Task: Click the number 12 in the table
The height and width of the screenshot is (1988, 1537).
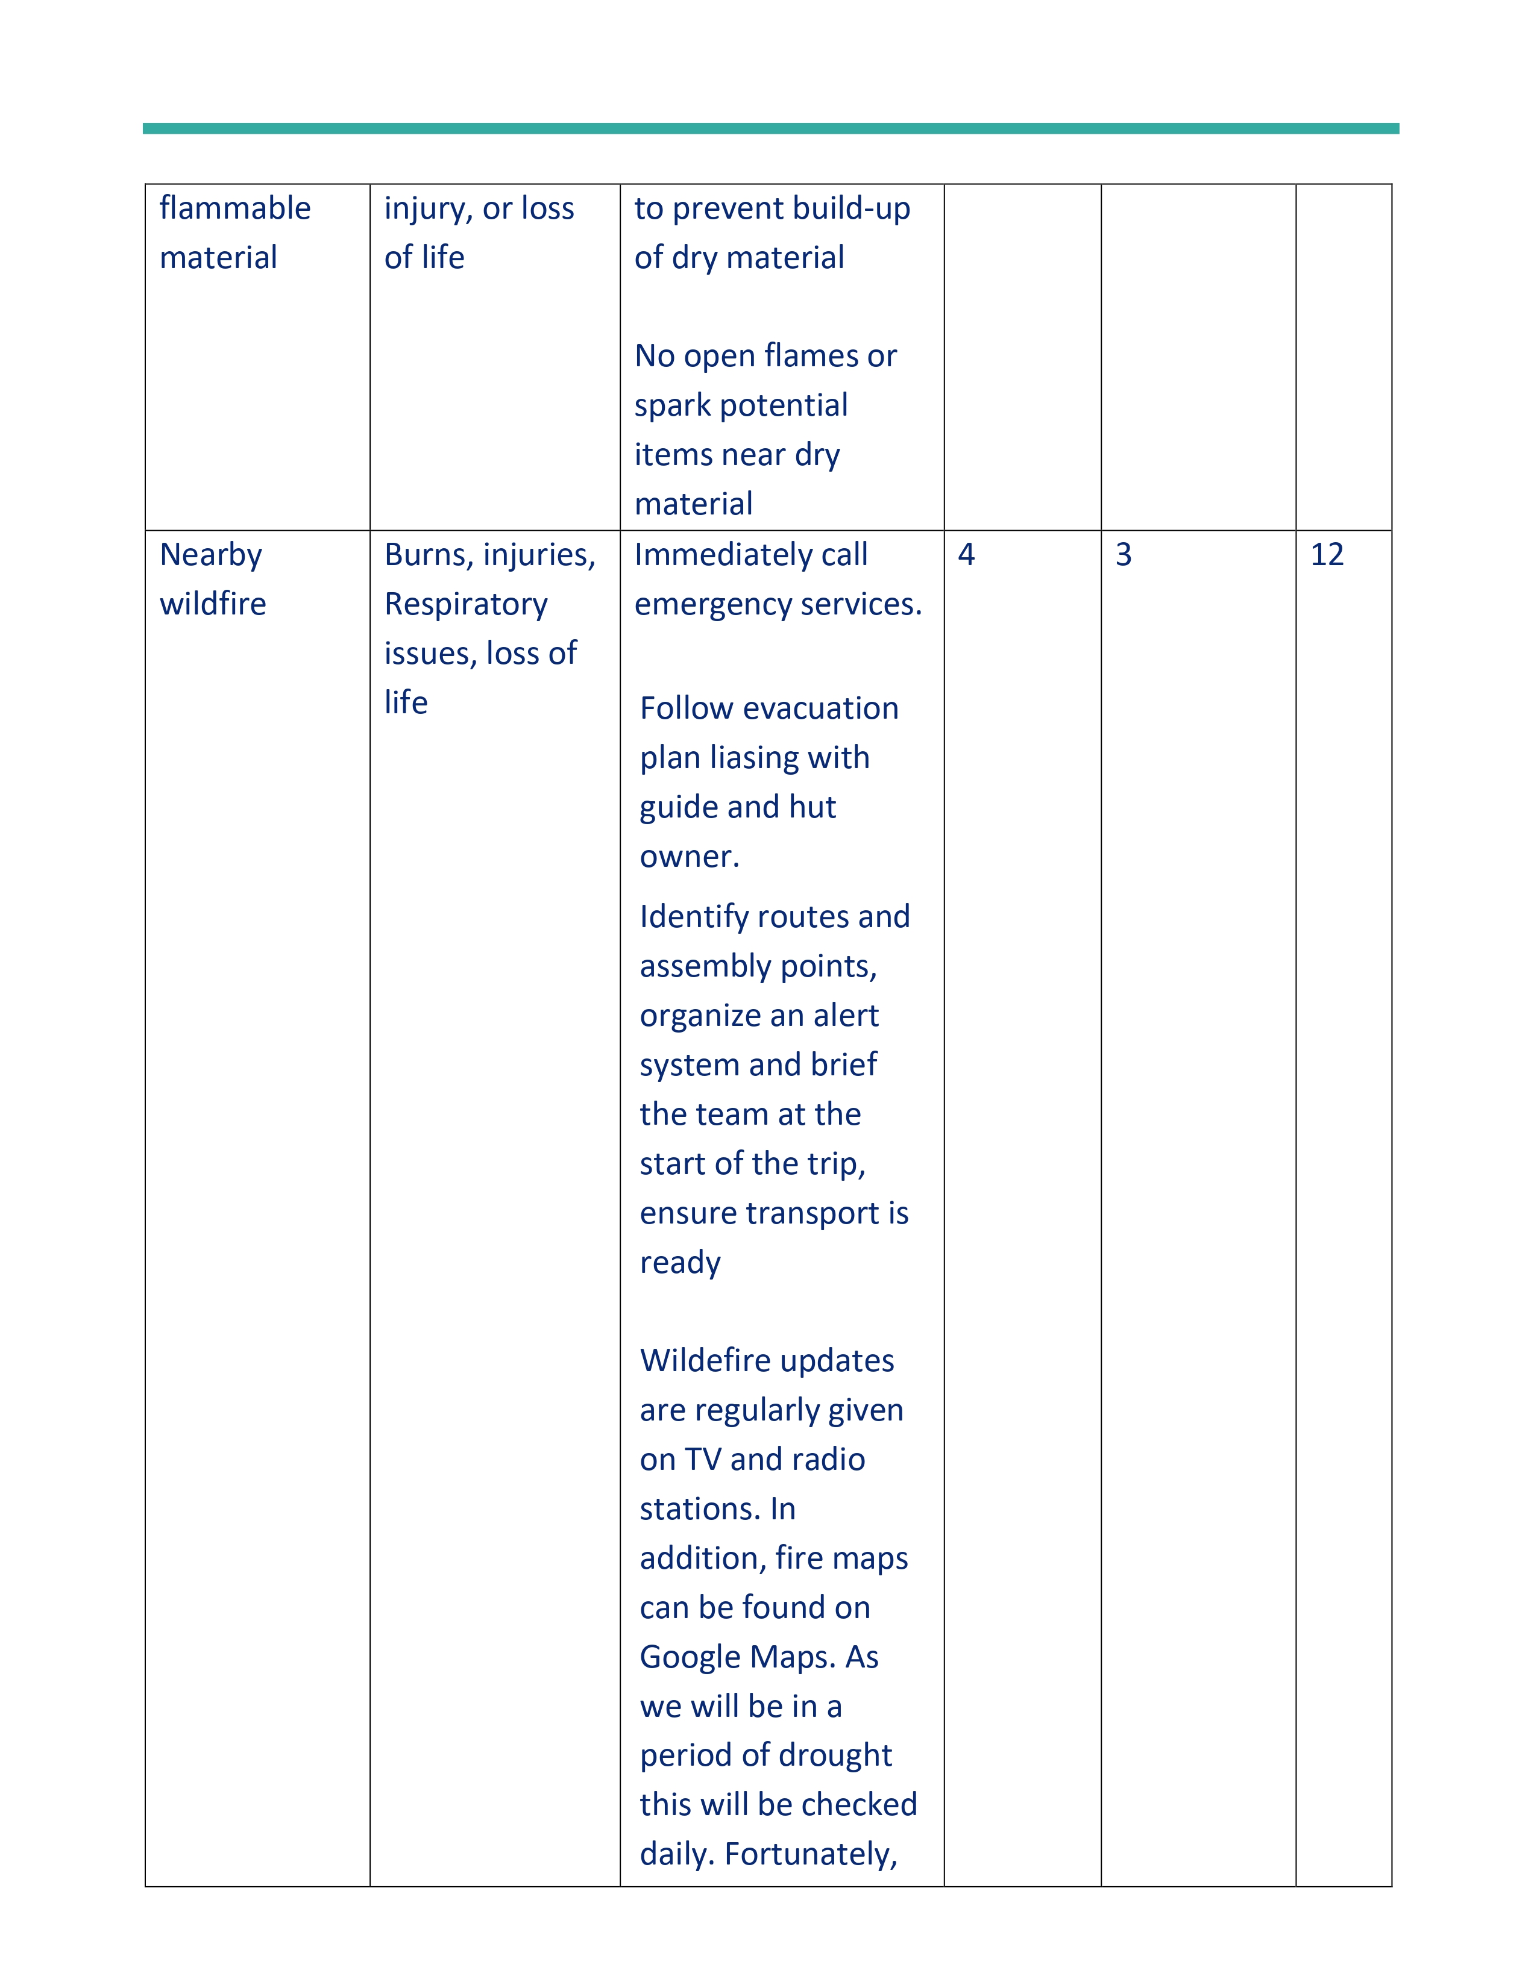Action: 1327,554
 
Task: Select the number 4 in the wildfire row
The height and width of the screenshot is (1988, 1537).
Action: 966,554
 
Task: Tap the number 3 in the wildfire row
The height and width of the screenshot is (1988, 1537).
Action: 1124,554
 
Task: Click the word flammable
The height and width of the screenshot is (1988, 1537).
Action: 235,208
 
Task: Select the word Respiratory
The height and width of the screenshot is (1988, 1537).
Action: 465,604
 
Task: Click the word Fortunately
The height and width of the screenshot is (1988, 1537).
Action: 810,1854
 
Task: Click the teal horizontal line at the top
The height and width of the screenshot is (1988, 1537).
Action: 770,128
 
